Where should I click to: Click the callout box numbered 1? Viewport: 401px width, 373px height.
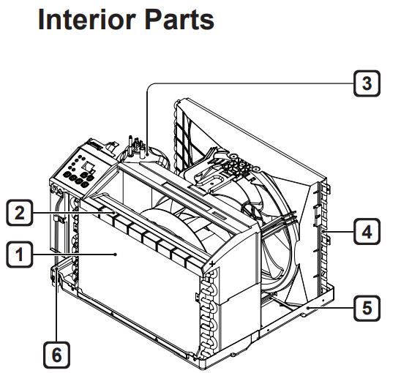(20, 255)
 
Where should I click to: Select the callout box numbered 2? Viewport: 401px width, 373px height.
(20, 214)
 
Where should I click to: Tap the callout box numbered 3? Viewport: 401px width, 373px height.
(367, 83)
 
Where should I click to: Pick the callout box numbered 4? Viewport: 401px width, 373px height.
(367, 233)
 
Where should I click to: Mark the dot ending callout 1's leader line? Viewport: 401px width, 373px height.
(116, 255)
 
